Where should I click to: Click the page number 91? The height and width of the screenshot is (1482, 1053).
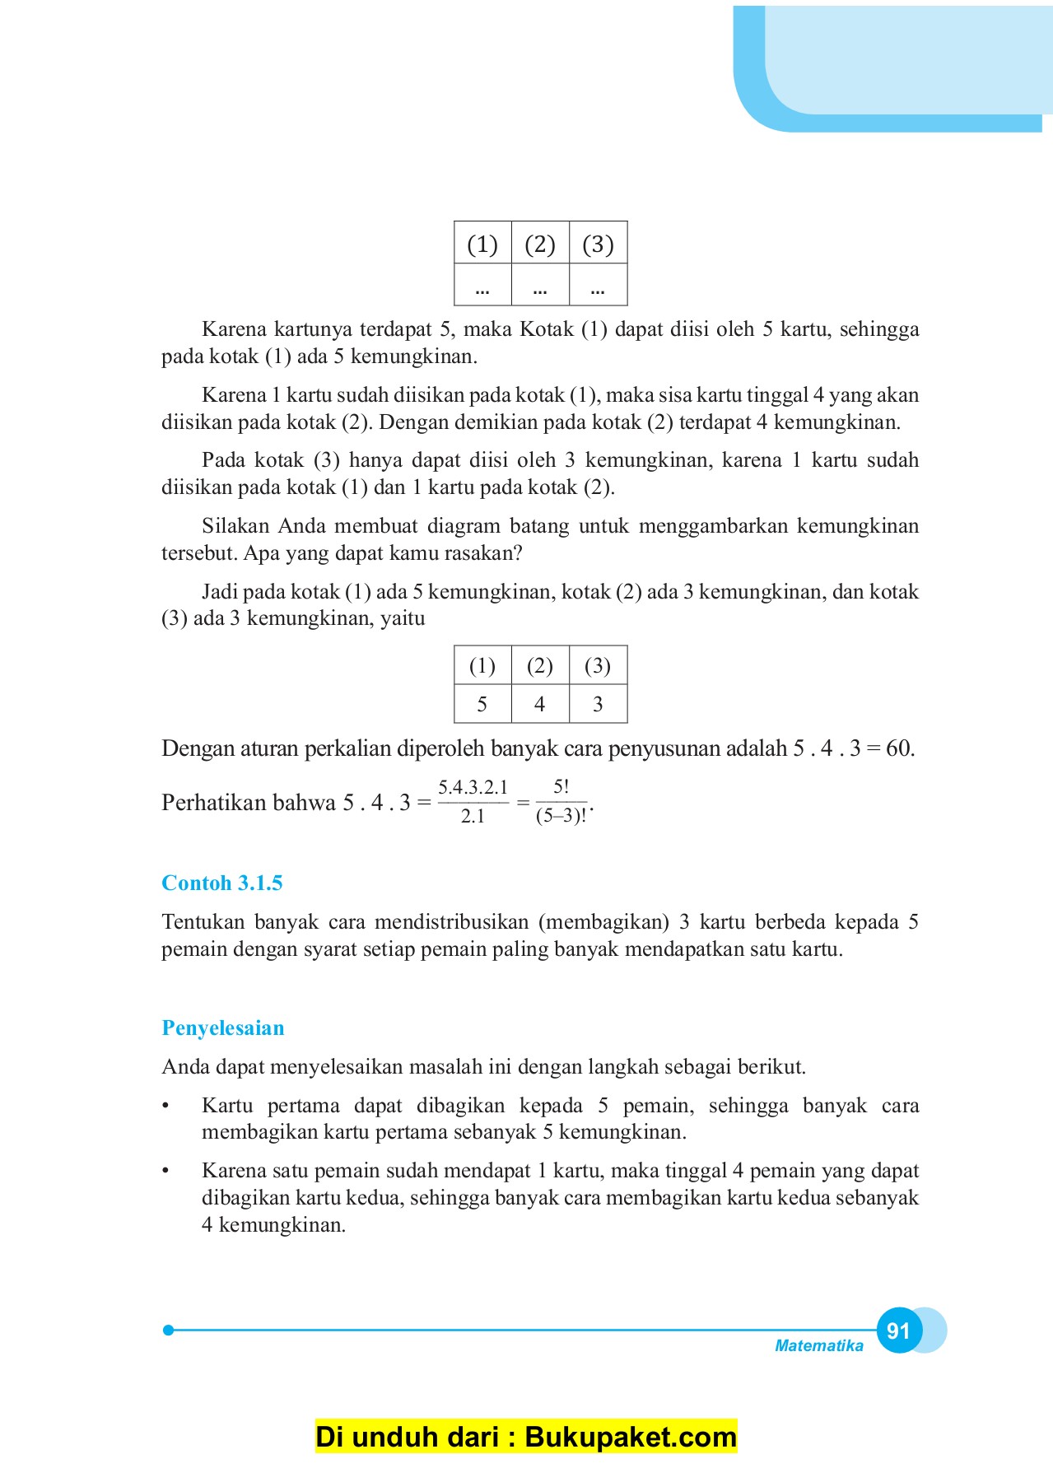[x=898, y=1331]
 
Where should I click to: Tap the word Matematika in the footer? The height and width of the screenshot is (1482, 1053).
[x=818, y=1346]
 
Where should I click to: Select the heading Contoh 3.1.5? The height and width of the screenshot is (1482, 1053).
[x=221, y=883]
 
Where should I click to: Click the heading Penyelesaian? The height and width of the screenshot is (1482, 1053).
[x=222, y=1028]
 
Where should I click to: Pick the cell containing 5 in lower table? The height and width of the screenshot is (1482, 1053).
[x=482, y=705]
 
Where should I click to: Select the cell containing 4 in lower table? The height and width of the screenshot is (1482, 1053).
[x=539, y=705]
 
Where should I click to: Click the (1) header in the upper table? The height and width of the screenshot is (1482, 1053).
[x=482, y=245]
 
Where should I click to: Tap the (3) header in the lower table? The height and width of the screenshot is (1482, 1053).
[x=598, y=666]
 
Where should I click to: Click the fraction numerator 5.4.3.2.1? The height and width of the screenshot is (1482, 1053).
[x=473, y=788]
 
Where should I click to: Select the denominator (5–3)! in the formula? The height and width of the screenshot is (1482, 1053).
[x=561, y=817]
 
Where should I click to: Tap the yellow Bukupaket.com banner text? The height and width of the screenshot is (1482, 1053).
[x=526, y=1437]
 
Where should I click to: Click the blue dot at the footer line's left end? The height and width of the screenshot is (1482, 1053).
[x=168, y=1330]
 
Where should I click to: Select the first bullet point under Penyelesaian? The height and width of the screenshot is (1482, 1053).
[x=165, y=1107]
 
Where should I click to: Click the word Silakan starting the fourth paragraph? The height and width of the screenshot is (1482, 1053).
[x=236, y=526]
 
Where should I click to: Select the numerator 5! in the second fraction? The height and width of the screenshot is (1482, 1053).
[x=561, y=787]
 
